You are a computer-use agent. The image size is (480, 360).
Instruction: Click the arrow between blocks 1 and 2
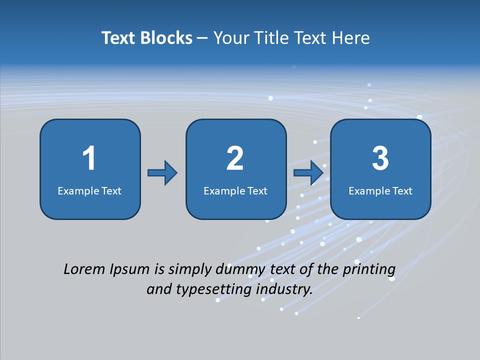(162, 173)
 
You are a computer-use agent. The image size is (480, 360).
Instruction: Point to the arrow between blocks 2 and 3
(308, 173)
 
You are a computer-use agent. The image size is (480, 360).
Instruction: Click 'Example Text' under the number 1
(89, 190)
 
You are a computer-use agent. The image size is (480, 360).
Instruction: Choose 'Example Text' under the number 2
(235, 190)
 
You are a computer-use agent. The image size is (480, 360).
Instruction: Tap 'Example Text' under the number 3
(380, 190)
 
